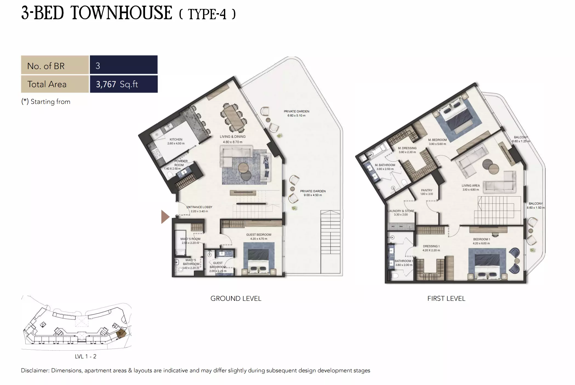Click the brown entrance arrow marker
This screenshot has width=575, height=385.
tap(165, 217)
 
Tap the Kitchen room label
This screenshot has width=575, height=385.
tap(176, 139)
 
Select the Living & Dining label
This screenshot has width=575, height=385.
tap(233, 137)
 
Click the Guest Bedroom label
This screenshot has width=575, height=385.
tap(259, 235)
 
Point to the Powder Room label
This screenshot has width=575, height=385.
tap(180, 163)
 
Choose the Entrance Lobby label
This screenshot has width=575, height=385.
tap(200, 207)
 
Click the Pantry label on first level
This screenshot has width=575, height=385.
tap(427, 190)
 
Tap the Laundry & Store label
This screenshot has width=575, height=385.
tap(401, 211)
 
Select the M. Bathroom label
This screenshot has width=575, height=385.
tap(385, 165)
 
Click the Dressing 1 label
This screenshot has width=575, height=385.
tap(431, 246)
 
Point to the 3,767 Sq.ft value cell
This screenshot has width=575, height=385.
tap(124, 84)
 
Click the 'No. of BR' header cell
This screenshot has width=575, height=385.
tap(55, 66)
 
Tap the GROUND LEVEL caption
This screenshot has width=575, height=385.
tap(236, 298)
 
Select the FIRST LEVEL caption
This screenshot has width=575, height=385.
tap(446, 298)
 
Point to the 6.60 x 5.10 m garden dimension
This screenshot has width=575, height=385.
tap(296, 116)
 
